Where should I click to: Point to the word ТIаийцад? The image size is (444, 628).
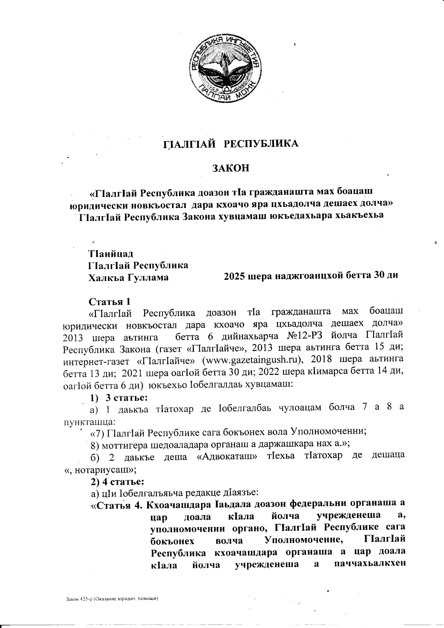[111, 254]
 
